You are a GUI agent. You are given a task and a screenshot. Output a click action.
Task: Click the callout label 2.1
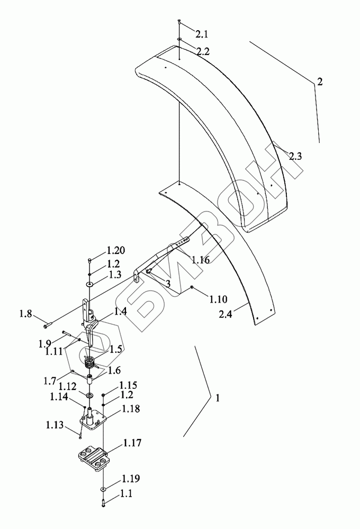click(x=202, y=35)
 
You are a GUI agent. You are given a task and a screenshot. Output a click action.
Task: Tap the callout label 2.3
click(x=295, y=156)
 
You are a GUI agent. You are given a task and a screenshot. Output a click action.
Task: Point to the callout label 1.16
click(x=201, y=260)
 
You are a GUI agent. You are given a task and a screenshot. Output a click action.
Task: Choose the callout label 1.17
click(x=132, y=442)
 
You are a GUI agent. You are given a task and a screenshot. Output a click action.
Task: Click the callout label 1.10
click(x=218, y=300)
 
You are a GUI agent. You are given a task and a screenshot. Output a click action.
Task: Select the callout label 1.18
click(x=131, y=409)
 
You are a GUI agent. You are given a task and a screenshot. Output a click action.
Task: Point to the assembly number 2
click(x=320, y=82)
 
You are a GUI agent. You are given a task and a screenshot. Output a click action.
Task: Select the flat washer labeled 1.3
click(x=91, y=285)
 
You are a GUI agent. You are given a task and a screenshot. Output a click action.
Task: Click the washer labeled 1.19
click(x=102, y=489)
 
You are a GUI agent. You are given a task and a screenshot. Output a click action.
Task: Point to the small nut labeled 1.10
click(x=192, y=287)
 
